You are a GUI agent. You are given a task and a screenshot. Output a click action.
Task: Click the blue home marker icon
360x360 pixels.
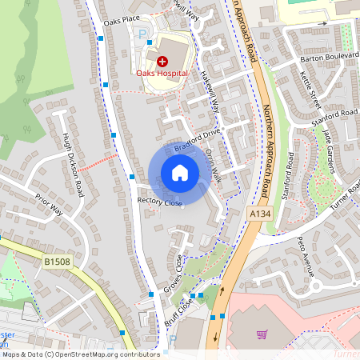click(180, 173)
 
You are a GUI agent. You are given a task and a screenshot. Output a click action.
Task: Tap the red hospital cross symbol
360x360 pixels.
click(162, 61)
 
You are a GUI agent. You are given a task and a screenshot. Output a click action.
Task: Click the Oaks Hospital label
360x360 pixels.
click(162, 73)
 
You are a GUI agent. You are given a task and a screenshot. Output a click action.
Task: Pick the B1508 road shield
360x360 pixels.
click(57, 262)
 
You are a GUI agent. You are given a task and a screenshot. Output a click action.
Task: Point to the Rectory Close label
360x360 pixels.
click(160, 202)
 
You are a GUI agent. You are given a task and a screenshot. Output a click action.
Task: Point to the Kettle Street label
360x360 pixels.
click(309, 90)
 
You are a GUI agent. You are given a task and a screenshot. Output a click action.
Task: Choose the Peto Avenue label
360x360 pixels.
click(308, 254)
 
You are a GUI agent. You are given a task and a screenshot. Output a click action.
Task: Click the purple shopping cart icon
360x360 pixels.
click(262, 334)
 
